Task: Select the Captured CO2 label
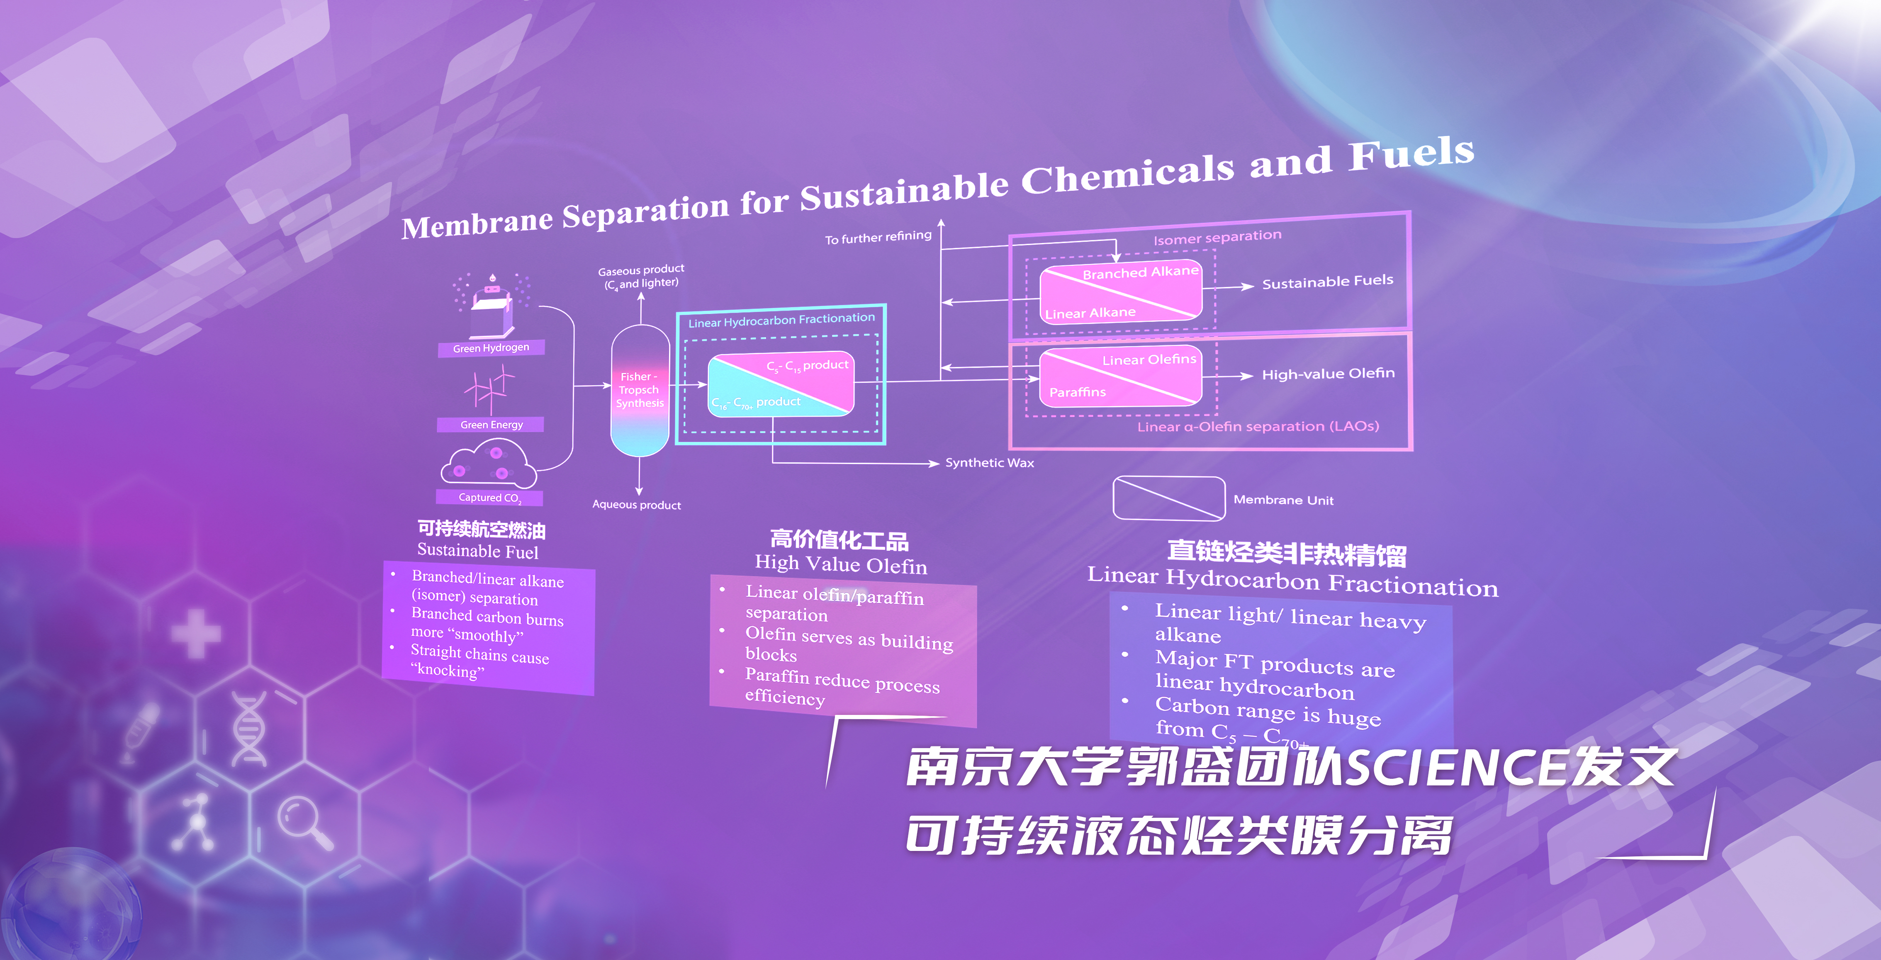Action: [489, 498]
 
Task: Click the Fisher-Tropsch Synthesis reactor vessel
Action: [640, 391]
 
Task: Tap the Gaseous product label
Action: [641, 277]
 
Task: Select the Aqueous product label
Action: [637, 504]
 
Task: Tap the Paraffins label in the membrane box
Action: [1077, 392]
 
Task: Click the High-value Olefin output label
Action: [1328, 374]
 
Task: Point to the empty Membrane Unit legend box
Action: [1168, 498]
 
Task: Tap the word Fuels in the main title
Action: [1411, 153]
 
